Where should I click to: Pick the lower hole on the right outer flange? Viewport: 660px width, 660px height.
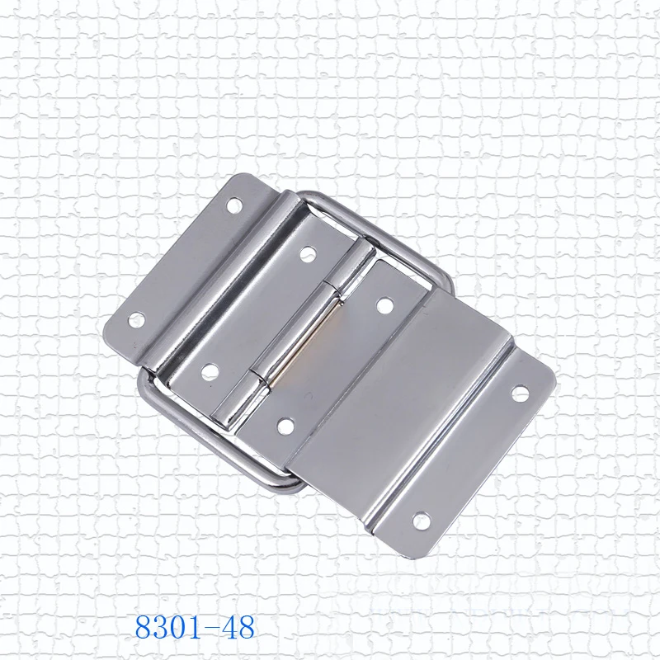point(421,520)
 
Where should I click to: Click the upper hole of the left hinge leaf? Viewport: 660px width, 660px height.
point(306,251)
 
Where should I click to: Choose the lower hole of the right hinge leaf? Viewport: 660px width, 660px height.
point(285,427)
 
